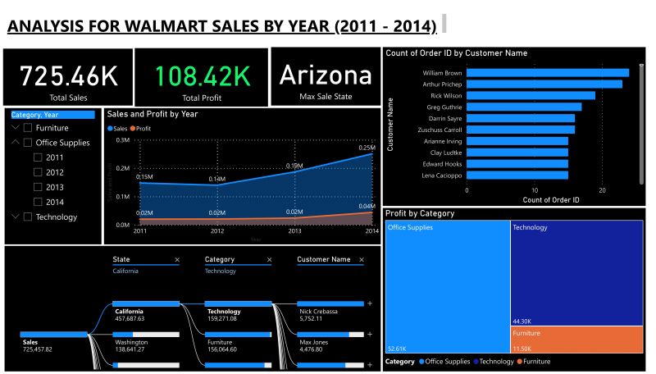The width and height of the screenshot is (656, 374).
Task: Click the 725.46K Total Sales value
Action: [68, 76]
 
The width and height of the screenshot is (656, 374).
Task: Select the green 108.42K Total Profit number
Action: [202, 76]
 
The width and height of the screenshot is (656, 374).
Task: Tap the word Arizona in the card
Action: [326, 75]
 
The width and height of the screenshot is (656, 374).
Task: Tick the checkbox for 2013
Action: [38, 187]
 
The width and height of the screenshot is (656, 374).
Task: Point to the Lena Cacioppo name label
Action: [442, 176]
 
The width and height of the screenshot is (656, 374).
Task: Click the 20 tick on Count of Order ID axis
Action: [602, 190]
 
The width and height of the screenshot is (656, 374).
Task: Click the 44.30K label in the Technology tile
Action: [522, 321]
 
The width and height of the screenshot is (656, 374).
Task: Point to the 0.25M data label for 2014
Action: [367, 148]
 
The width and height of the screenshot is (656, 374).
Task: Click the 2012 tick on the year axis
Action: [216, 232]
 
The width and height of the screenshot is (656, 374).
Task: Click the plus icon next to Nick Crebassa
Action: [370, 304]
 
